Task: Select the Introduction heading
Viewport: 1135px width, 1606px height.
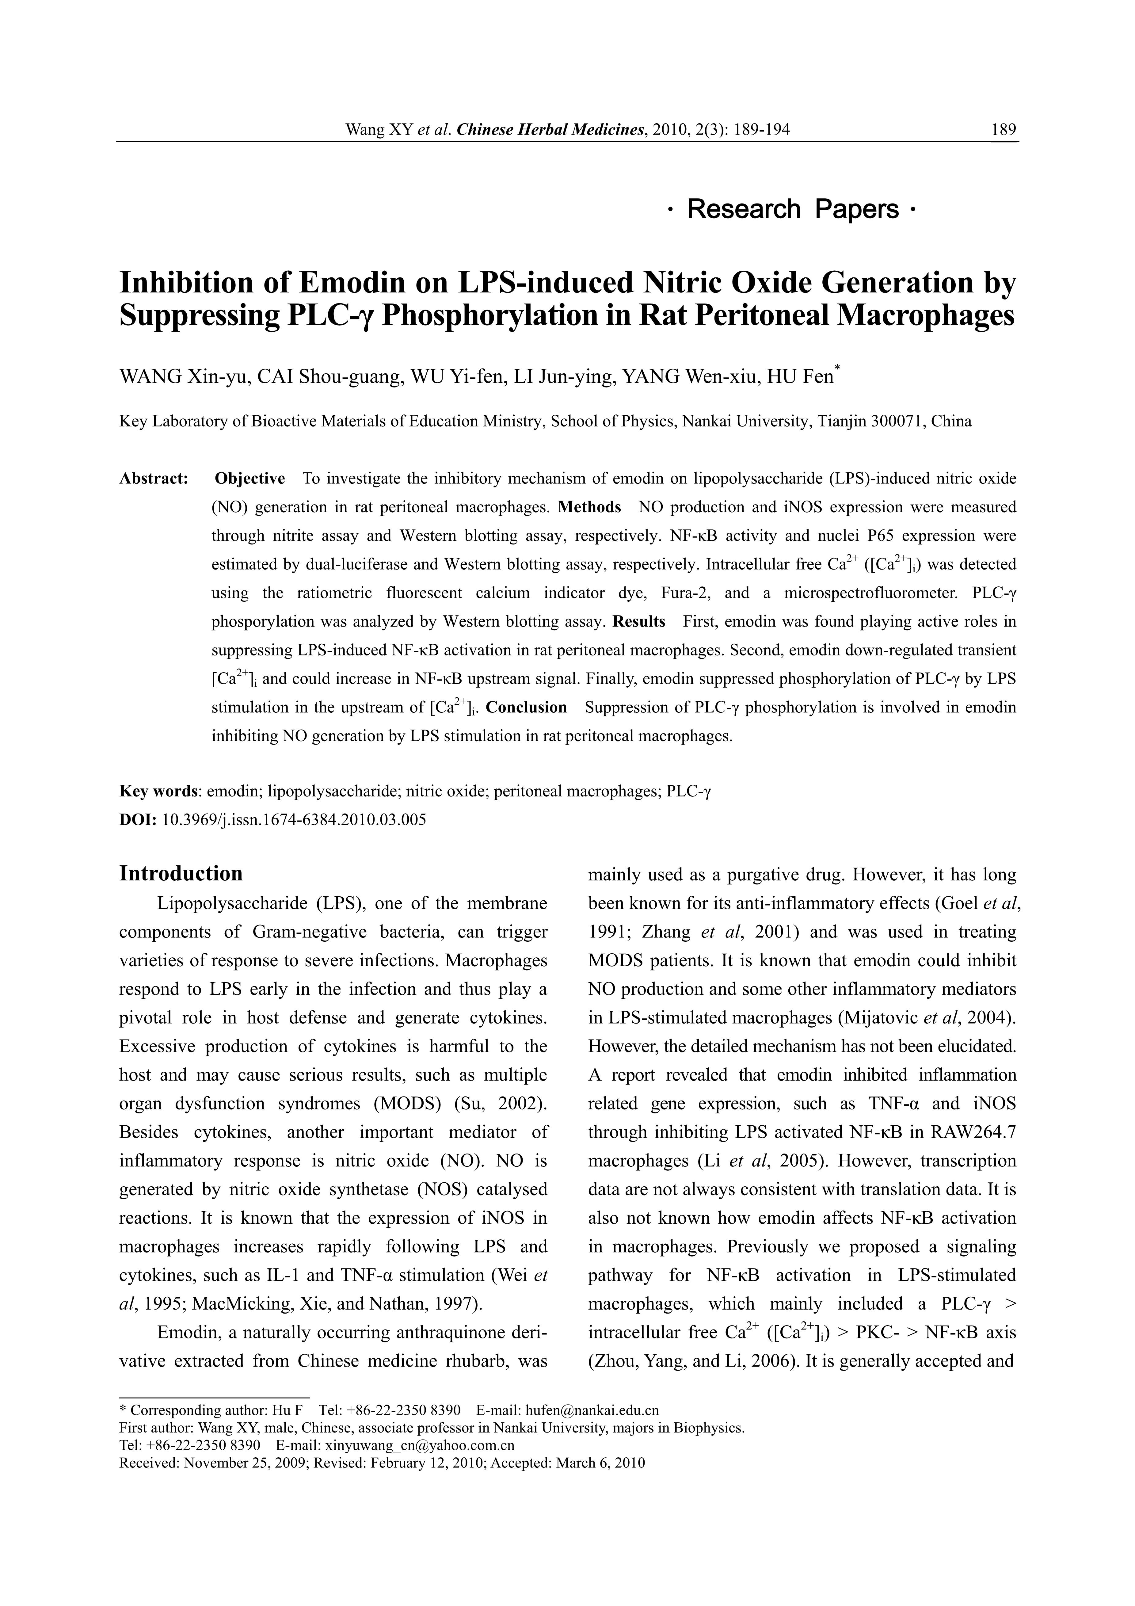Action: point(181,874)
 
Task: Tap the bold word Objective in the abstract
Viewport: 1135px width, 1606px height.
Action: point(250,479)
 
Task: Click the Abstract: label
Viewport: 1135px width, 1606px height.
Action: point(154,479)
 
